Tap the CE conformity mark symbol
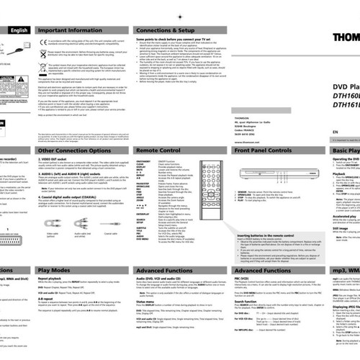[40, 41]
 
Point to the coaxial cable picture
[112, 225]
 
